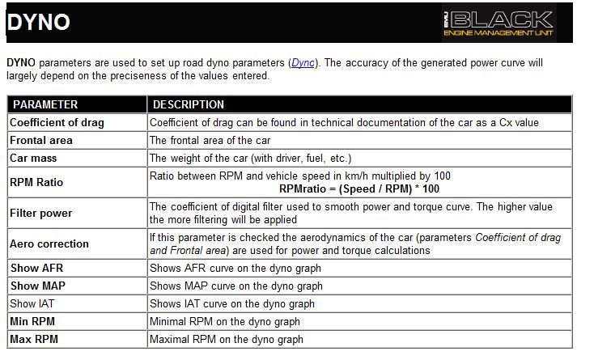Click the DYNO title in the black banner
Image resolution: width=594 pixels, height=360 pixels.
[x=38, y=22]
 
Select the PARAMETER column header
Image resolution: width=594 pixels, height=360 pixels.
[x=45, y=104]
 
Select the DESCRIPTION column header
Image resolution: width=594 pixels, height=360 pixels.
[x=188, y=104]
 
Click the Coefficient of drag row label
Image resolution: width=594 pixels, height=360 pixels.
[x=57, y=122]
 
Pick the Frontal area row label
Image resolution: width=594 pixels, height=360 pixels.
[x=41, y=140]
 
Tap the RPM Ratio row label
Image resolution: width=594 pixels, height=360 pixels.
[x=36, y=182]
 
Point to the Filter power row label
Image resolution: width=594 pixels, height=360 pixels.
[x=40, y=214]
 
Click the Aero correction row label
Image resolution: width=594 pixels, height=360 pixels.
[x=49, y=244]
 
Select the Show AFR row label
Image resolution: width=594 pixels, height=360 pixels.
[x=36, y=268]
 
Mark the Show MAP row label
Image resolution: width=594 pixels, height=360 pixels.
[x=36, y=286]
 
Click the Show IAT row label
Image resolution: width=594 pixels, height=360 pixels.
[x=34, y=303]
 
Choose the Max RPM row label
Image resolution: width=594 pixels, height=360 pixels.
[x=35, y=339]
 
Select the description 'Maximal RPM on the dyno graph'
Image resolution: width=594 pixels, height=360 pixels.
[x=227, y=339]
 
